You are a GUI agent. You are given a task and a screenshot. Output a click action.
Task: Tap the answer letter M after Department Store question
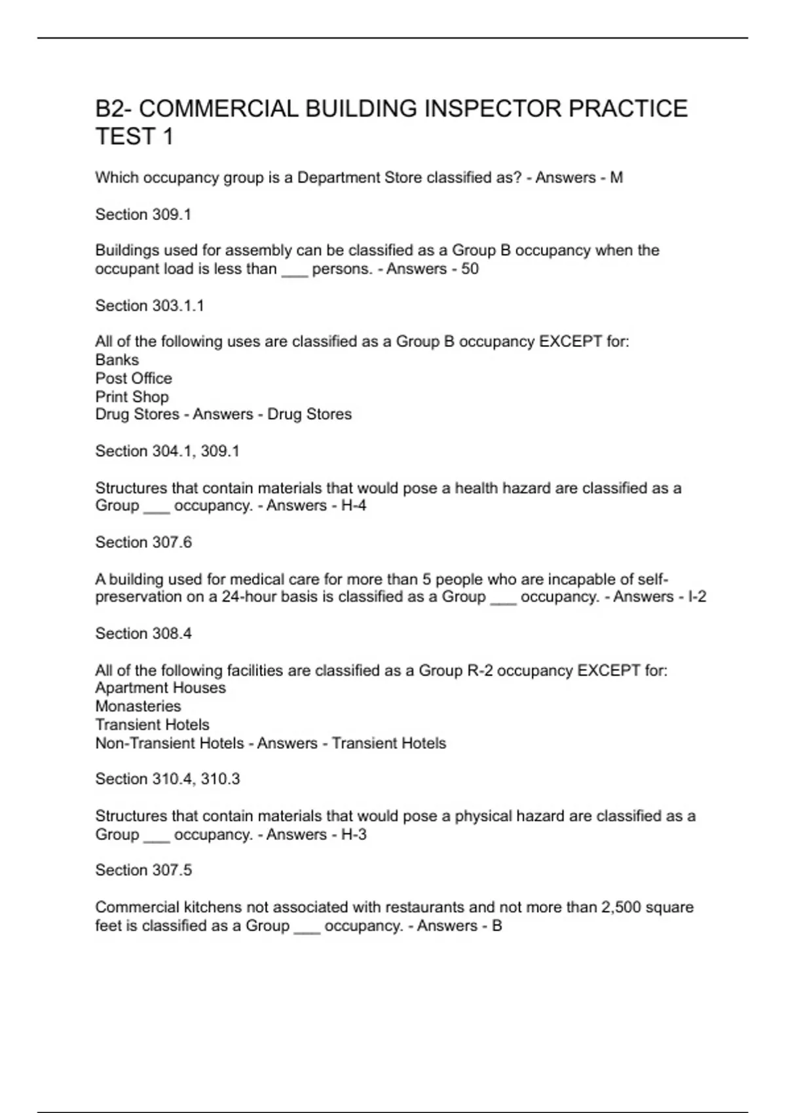click(616, 177)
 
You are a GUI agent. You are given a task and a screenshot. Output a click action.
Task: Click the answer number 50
click(470, 269)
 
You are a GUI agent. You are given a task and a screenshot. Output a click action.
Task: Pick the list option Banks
click(117, 360)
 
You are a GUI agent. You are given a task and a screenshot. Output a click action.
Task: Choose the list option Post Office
click(134, 378)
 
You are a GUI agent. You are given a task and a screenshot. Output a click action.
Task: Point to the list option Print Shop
click(132, 397)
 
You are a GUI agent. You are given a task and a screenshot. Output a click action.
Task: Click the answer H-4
click(354, 505)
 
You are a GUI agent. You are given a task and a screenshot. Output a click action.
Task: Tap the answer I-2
click(697, 596)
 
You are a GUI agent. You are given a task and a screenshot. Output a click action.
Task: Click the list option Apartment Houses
click(160, 688)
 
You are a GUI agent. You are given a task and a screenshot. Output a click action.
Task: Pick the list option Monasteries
click(138, 706)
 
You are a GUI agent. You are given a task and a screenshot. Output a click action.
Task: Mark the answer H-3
click(354, 835)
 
